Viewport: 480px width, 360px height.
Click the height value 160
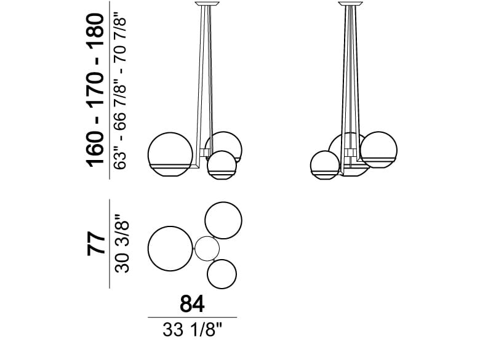(x=96, y=149)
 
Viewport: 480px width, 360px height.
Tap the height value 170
(x=96, y=90)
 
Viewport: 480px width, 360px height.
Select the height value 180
(x=96, y=31)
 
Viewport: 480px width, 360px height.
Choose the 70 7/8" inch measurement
(x=120, y=38)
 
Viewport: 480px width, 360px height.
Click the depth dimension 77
(x=96, y=244)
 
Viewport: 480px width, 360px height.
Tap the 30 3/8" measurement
(x=122, y=244)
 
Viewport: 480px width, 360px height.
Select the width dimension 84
(x=192, y=303)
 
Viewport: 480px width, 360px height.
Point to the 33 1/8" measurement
(x=192, y=330)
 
